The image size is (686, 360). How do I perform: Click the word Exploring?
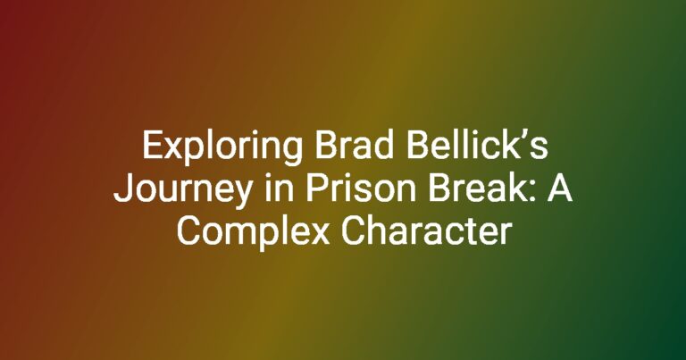[x=222, y=148]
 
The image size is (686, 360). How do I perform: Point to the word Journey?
[x=183, y=190]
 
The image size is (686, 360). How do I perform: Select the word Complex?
[x=253, y=232]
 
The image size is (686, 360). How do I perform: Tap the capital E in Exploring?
[x=151, y=146]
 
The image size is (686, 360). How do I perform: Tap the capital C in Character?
[x=351, y=230]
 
